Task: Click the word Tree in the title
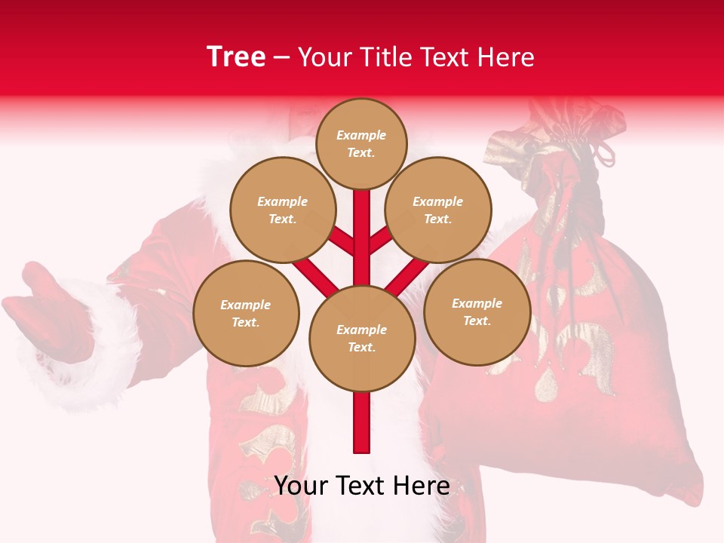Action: point(236,57)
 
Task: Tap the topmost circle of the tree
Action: point(361,143)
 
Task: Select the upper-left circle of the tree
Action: point(282,210)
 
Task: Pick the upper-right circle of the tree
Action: point(437,210)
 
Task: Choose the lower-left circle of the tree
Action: point(246,313)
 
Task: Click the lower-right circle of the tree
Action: point(477,311)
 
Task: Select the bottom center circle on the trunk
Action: point(362,338)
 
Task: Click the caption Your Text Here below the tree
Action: point(362,486)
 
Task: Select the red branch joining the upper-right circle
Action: point(379,241)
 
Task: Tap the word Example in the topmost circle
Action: point(361,135)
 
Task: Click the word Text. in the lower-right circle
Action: point(477,321)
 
